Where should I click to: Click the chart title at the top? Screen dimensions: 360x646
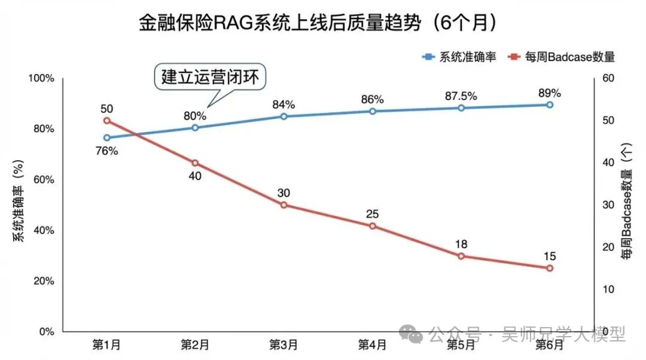318,23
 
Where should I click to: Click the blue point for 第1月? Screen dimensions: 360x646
106,138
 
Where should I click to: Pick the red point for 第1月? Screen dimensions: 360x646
106,121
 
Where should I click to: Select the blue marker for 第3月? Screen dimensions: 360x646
284,116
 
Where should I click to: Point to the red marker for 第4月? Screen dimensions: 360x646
372,226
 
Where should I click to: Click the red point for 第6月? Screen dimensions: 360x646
549,268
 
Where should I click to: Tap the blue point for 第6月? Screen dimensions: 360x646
549,105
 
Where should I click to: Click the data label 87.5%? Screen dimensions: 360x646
461,96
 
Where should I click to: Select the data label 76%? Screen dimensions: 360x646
106,151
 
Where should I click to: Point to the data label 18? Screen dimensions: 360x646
461,244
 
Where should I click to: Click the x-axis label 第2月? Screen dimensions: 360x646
195,344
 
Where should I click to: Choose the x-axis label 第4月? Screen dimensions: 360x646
372,344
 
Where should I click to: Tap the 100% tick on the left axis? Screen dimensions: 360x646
42,79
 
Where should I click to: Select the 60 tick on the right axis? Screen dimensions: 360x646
605,79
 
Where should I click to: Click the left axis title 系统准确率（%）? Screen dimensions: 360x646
19,205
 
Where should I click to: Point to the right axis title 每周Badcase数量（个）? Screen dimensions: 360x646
626,205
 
